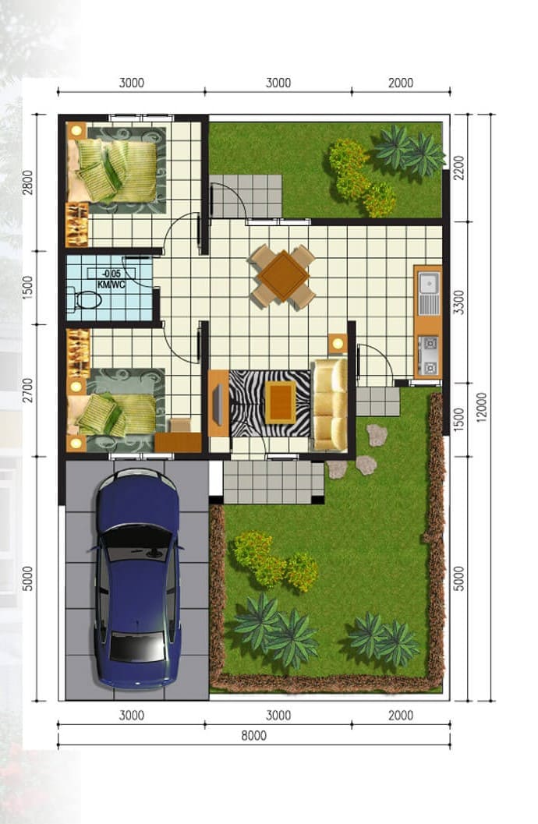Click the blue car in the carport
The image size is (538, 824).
138,578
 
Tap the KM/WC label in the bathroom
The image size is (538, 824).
111,285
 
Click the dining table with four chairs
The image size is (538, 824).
283,276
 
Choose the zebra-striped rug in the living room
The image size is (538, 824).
270,404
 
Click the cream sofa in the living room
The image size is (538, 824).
329,405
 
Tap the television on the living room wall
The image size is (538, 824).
217,404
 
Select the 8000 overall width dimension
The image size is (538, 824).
253,736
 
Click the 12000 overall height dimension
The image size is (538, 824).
482,407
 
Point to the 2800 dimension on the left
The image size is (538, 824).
28,182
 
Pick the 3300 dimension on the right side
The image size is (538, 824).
459,302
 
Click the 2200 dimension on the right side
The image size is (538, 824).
459,168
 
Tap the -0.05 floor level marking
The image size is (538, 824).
111,274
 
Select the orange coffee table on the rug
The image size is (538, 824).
280,402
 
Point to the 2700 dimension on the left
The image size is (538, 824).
28,390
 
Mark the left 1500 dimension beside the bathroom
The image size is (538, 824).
28,288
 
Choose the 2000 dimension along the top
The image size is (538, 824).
401,83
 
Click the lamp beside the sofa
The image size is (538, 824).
338,344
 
